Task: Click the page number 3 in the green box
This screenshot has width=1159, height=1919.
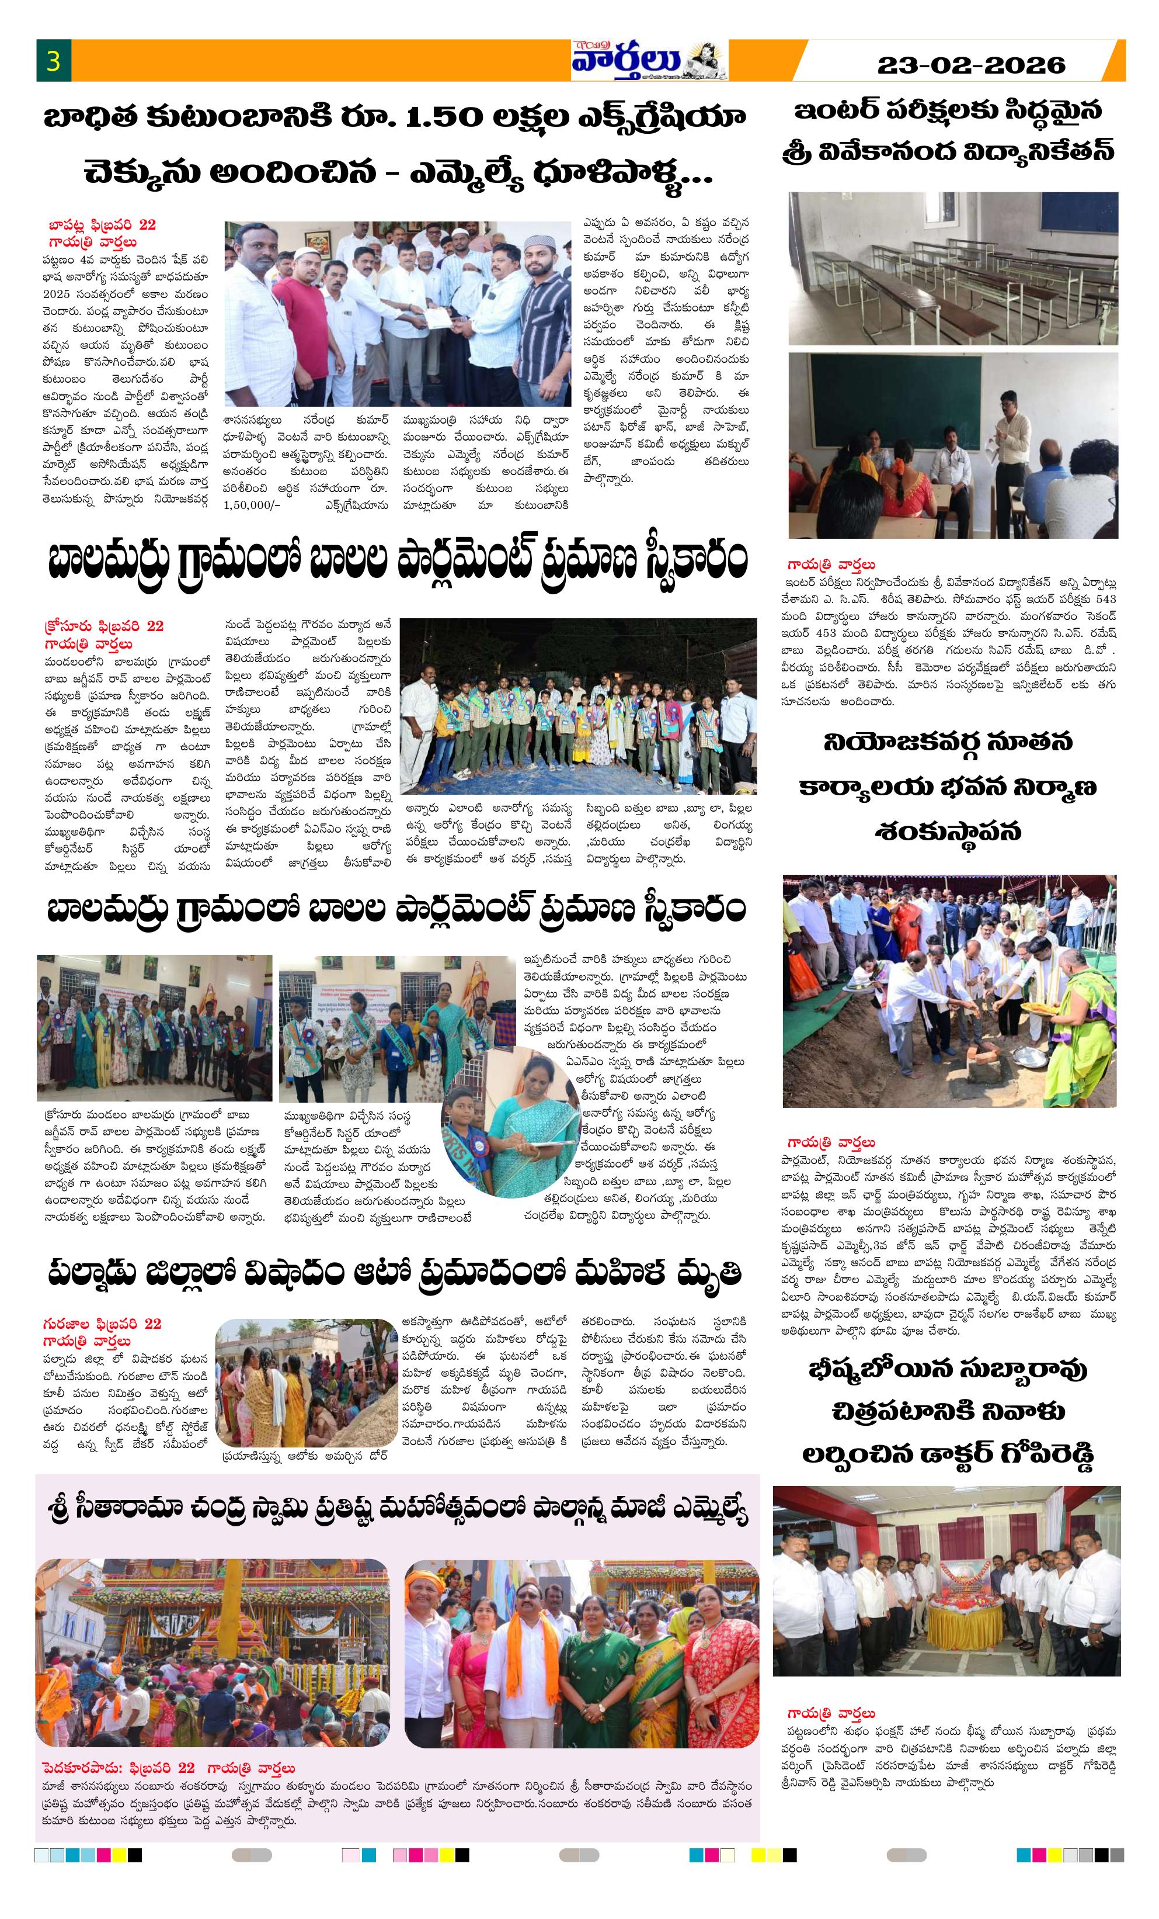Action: tap(53, 61)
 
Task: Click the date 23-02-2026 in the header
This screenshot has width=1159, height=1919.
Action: tap(970, 65)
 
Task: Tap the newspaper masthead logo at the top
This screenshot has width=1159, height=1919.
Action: tap(648, 60)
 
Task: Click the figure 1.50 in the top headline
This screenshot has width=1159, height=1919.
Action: tap(441, 117)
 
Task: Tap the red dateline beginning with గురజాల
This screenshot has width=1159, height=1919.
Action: tap(102, 1323)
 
